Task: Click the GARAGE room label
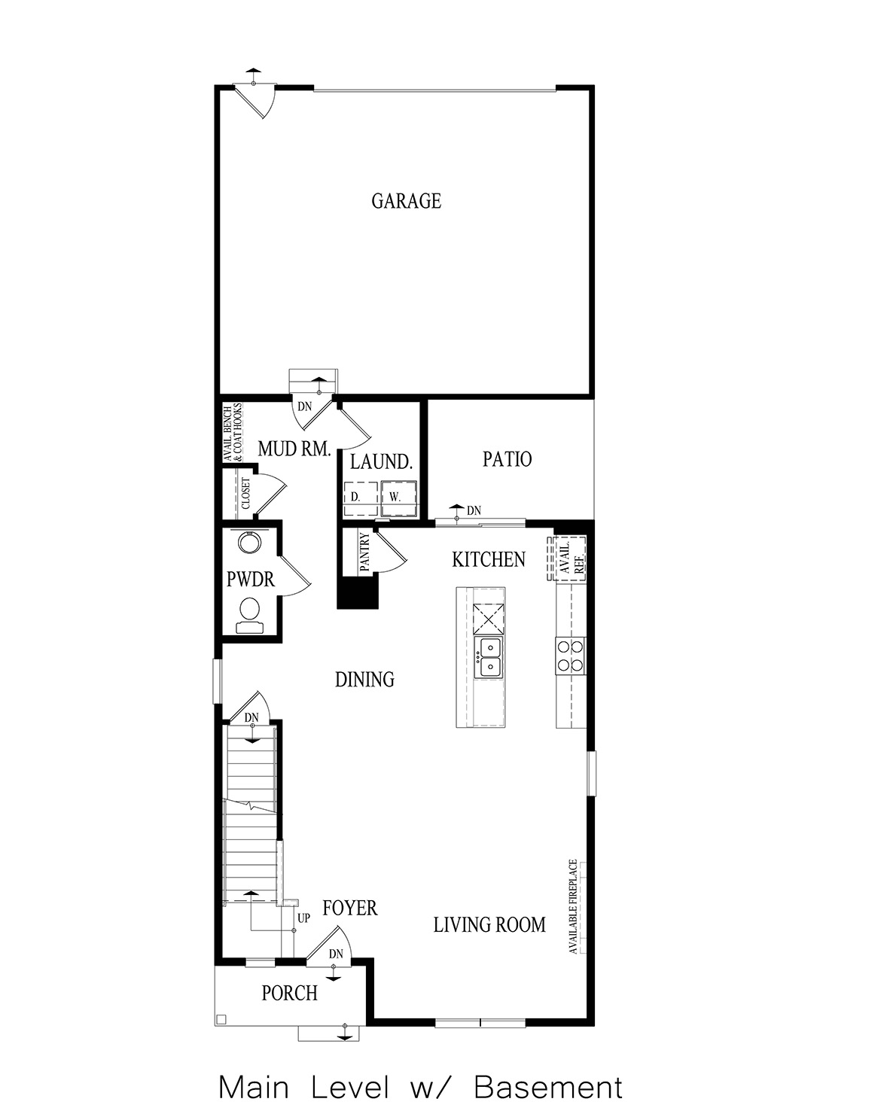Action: tap(406, 201)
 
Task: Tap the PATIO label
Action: tap(507, 459)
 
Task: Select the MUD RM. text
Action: tap(294, 449)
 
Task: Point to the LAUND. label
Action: tap(382, 462)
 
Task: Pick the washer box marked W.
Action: tap(395, 498)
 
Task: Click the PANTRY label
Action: tap(365, 553)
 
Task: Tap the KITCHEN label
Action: tap(489, 559)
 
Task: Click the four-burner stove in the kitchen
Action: tap(570, 655)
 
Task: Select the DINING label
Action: tap(364, 680)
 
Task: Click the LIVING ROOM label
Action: tap(489, 924)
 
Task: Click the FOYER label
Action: tap(349, 908)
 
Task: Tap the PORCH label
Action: tap(289, 994)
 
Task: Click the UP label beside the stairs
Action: tap(303, 918)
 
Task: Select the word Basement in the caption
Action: tap(549, 1088)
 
